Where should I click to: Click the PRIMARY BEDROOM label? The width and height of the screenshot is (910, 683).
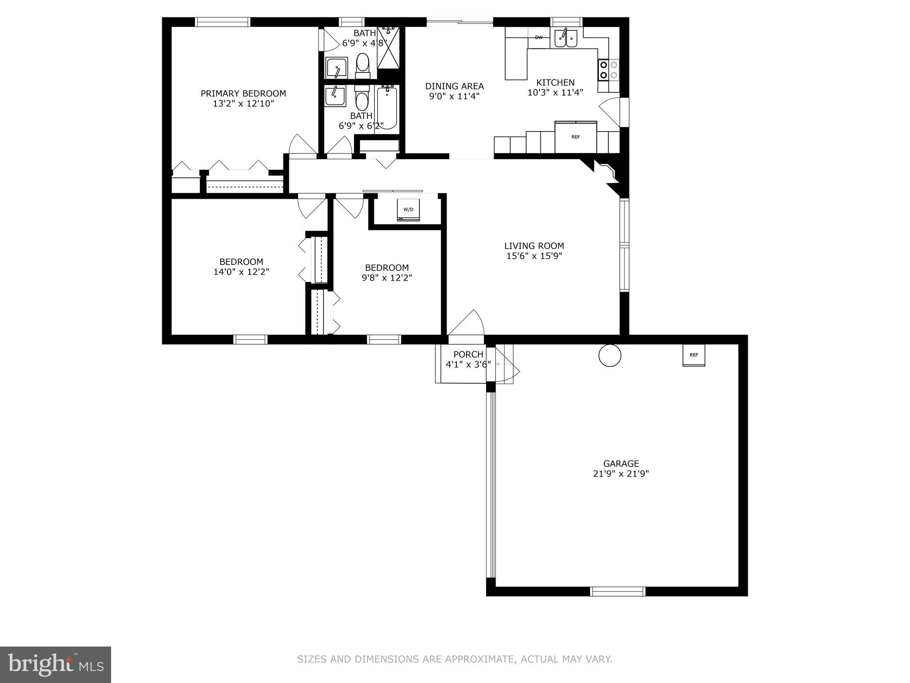click(x=243, y=93)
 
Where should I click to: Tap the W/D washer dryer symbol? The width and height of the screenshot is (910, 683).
click(x=408, y=209)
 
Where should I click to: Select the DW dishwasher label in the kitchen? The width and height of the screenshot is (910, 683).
click(x=539, y=37)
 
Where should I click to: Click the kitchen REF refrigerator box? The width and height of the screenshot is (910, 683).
click(x=575, y=137)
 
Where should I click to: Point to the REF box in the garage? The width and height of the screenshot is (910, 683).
click(x=694, y=355)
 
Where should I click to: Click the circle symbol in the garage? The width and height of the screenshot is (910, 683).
click(x=610, y=355)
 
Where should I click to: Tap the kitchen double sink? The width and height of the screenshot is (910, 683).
click(x=565, y=39)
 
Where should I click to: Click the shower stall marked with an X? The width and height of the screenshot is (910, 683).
click(x=388, y=48)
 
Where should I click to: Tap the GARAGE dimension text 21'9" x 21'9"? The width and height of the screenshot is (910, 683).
click(x=621, y=474)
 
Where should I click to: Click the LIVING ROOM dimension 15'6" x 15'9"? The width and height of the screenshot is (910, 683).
click(x=534, y=256)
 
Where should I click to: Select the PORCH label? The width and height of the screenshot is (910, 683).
click(x=468, y=354)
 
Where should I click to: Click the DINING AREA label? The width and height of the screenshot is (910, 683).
click(x=454, y=86)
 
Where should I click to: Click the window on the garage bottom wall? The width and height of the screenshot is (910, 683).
click(x=617, y=591)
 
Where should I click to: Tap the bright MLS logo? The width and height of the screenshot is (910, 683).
click(x=56, y=665)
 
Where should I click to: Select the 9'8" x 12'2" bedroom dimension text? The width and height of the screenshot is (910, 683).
click(x=387, y=278)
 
